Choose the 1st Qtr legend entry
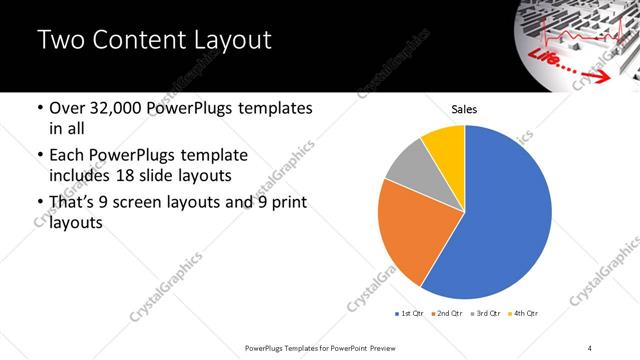click(410, 314)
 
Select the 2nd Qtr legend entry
click(447, 314)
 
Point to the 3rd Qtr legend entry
click(485, 314)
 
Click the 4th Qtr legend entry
click(522, 314)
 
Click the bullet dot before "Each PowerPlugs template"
click(38, 157)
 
